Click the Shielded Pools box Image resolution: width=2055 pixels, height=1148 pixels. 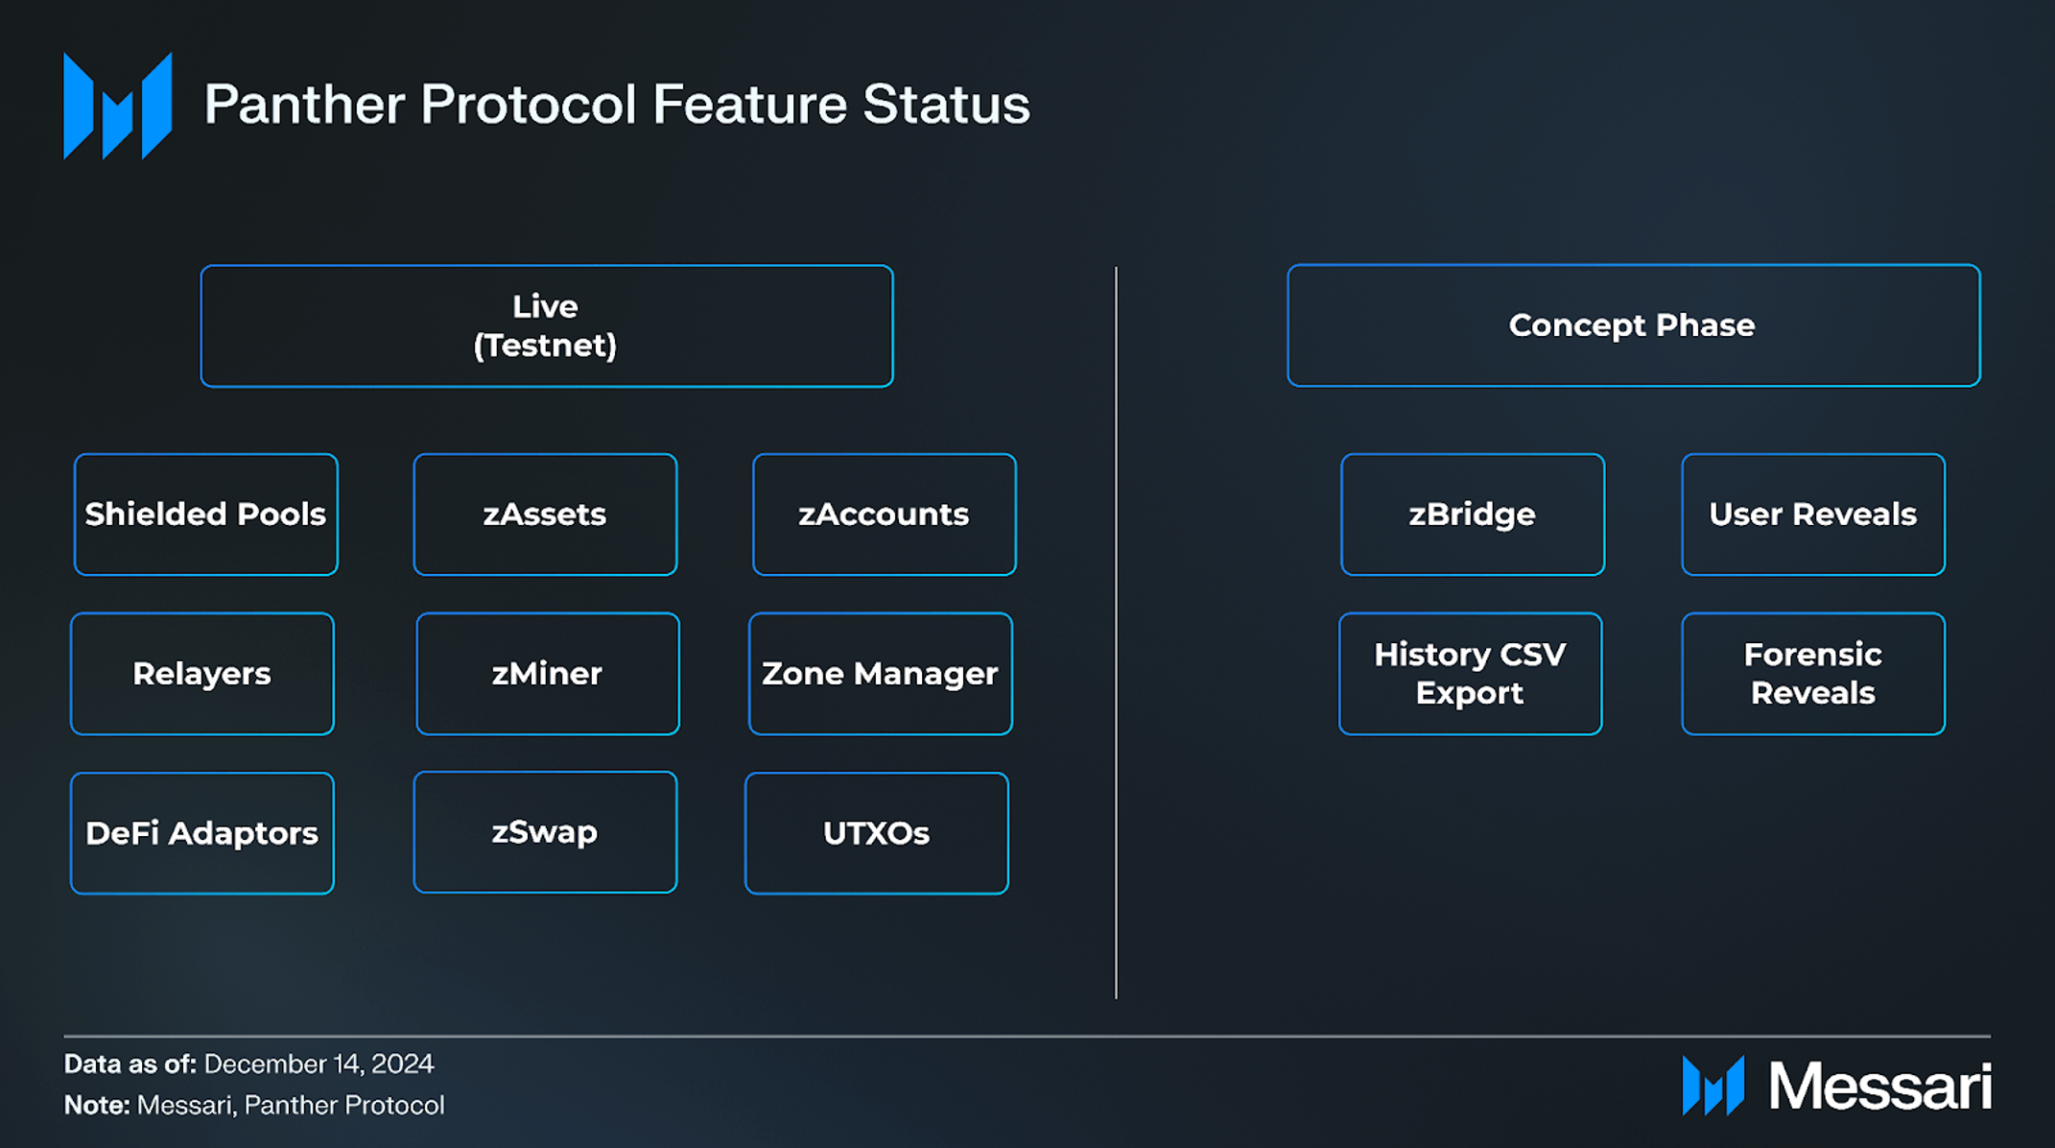pyautogui.click(x=205, y=514)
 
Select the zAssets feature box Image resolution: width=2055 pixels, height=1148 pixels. pyautogui.click(x=545, y=514)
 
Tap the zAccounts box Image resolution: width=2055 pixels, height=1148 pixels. pyautogui.click(x=884, y=514)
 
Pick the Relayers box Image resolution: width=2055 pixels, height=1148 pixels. pyautogui.click(x=201, y=674)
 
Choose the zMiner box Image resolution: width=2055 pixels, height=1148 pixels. pyautogui.click(x=547, y=674)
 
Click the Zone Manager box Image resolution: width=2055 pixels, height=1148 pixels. pyautogui.click(x=880, y=674)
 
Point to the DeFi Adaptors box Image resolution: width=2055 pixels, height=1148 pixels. pyautogui.click(x=201, y=833)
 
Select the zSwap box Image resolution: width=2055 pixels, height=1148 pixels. pyautogui.click(x=545, y=832)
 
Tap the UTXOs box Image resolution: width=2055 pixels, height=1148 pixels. pyautogui.click(x=876, y=833)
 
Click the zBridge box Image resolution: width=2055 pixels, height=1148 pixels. pyautogui.click(x=1472, y=514)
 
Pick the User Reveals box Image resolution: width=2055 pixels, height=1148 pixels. pyautogui.click(x=1812, y=514)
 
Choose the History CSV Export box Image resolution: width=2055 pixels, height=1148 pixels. pyautogui.click(x=1470, y=674)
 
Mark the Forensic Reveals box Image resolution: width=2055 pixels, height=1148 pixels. pyautogui.click(x=1812, y=674)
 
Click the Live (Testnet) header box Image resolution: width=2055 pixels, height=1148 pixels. pyautogui.click(x=546, y=326)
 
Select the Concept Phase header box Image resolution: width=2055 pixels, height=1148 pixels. pyautogui.click(x=1633, y=325)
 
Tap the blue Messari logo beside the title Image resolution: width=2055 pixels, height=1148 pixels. pyautogui.click(x=118, y=106)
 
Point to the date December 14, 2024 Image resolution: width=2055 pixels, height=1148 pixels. pyautogui.click(x=319, y=1064)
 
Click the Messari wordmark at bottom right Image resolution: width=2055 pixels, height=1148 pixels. pyautogui.click(x=1878, y=1087)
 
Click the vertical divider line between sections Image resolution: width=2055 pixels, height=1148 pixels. pyautogui.click(x=1116, y=634)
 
